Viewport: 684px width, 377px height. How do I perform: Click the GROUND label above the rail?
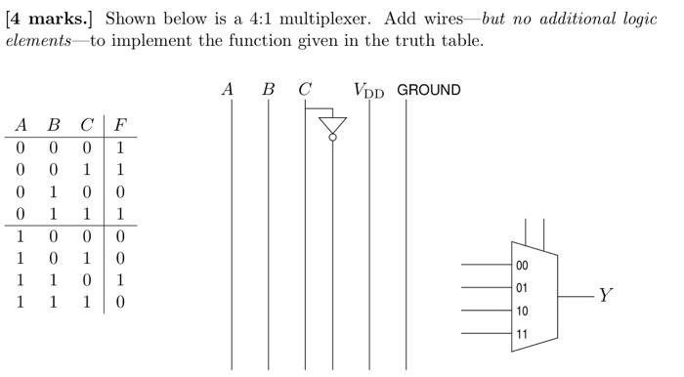428,90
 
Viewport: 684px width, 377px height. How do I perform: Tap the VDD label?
368,91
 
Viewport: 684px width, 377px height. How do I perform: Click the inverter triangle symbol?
333,125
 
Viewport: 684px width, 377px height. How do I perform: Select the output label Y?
606,295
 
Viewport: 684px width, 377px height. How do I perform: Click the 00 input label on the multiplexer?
522,266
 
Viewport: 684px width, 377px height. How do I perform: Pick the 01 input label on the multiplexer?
522,288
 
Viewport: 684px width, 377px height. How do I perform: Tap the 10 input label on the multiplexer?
522,312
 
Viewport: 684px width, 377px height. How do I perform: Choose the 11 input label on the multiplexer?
522,334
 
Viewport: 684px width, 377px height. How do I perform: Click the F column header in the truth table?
119,125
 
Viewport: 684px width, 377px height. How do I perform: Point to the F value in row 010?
119,192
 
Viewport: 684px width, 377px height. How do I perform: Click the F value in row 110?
119,280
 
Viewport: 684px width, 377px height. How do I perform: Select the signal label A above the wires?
228,90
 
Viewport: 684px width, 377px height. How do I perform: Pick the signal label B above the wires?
268,90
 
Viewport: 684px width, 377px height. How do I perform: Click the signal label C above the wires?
305,90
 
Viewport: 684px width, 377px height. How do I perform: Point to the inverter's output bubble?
333,139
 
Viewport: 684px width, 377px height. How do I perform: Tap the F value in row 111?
119,302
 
